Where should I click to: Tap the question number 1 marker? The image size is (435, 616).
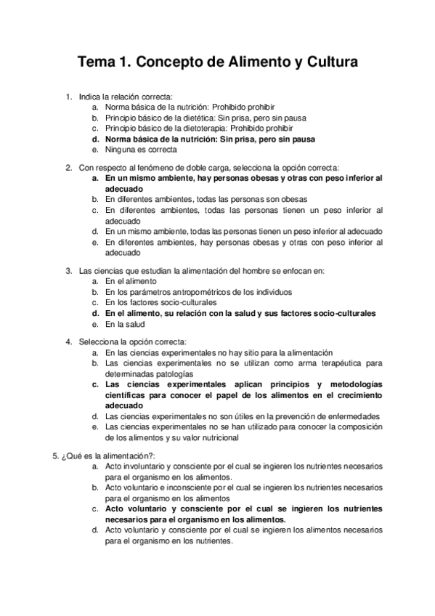click(68, 97)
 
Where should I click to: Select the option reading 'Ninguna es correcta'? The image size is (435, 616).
click(141, 149)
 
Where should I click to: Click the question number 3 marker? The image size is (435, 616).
click(68, 271)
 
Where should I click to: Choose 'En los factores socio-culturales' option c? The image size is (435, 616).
click(160, 302)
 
